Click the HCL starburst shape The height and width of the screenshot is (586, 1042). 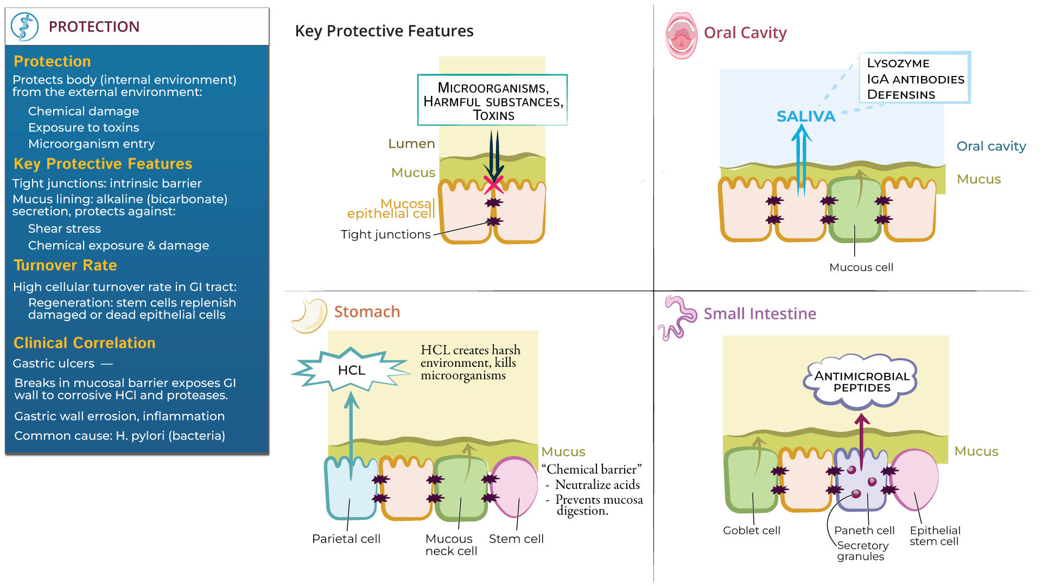tap(351, 370)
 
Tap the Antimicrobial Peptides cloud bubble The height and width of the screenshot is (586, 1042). tap(861, 381)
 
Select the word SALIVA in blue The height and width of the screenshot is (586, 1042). tap(805, 116)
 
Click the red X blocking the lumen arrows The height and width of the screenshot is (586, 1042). tap(493, 184)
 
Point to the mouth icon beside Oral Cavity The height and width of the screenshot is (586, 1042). tap(681, 35)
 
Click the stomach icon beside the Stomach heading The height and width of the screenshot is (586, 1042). tap(309, 315)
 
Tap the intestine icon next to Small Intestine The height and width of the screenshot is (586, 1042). tap(677, 317)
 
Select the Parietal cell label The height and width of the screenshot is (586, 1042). tap(346, 539)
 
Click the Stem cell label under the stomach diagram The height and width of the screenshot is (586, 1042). tap(516, 539)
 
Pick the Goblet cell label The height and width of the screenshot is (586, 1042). tap(751, 531)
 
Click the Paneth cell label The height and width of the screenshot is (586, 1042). tap(864, 531)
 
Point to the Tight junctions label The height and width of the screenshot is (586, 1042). tap(385, 234)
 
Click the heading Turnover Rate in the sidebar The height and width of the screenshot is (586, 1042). tap(65, 265)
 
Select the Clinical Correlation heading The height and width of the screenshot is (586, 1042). tap(84, 343)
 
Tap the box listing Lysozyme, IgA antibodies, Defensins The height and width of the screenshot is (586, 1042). tap(915, 78)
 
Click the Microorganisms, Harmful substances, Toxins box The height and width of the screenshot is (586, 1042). tap(492, 100)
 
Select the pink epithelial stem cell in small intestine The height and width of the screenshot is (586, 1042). tap(916, 480)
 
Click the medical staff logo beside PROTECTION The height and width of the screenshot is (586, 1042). tap(24, 27)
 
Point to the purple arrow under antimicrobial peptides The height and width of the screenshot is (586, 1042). tap(861, 437)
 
